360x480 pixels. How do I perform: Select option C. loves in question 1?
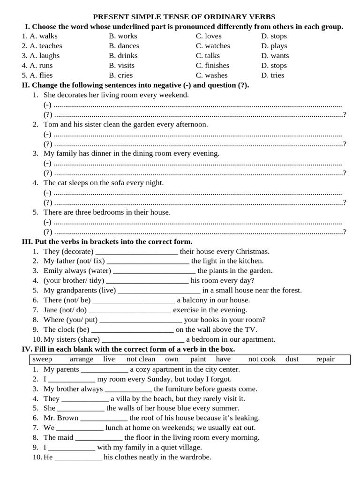pyautogui.click(x=209, y=36)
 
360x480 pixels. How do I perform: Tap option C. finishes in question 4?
pyautogui.click(x=212, y=66)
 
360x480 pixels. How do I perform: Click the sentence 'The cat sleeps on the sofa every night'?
pyautogui.click(x=104, y=183)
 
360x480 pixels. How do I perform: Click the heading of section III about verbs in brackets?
pyautogui.click(x=107, y=241)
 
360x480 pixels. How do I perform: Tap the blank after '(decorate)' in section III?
pyautogui.click(x=136, y=252)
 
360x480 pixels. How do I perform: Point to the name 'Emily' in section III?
pyautogui.click(x=53, y=271)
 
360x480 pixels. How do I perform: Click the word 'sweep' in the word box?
pyautogui.click(x=42, y=359)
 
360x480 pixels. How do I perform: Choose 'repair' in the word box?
pyautogui.click(x=325, y=359)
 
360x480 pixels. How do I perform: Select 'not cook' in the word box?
pyautogui.click(x=262, y=359)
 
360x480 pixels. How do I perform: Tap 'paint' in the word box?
pyautogui.click(x=198, y=359)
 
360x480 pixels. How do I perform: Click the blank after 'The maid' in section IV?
pyautogui.click(x=99, y=438)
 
